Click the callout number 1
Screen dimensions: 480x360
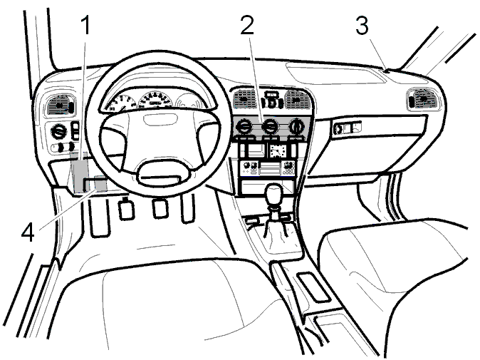click(86, 26)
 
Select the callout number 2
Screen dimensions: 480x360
click(247, 25)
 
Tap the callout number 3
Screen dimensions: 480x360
click(362, 26)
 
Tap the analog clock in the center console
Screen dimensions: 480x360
click(278, 150)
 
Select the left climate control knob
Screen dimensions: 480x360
click(244, 127)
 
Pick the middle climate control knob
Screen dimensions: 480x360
click(270, 127)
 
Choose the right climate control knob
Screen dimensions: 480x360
click(296, 126)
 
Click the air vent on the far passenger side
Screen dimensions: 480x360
click(423, 99)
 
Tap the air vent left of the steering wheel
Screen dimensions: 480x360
click(60, 105)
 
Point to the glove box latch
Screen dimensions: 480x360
click(347, 127)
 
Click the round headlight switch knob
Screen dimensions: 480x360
click(58, 133)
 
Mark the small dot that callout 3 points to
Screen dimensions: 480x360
click(386, 71)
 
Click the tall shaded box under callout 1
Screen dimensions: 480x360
click(79, 173)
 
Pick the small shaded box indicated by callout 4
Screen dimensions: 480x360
click(100, 183)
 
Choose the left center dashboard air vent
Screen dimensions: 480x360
click(244, 98)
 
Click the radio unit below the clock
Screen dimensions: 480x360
click(268, 168)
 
